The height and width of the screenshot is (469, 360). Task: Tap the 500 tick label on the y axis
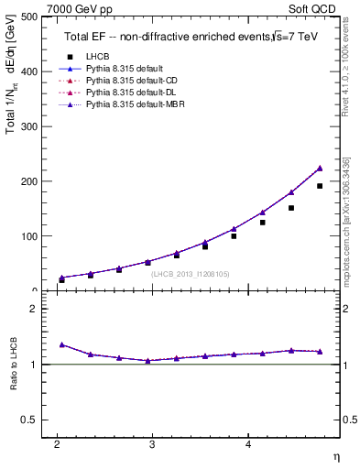[x=28, y=17]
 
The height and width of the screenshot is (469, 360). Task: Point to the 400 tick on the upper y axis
[x=28, y=71]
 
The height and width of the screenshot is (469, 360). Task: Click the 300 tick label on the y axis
[x=28, y=126]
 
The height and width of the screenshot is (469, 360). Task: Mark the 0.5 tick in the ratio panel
[x=31, y=420]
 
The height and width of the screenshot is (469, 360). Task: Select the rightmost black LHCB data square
[x=320, y=186]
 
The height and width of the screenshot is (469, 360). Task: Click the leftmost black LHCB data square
[x=61, y=280]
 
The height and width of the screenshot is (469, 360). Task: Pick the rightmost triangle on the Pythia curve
[x=320, y=169]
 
